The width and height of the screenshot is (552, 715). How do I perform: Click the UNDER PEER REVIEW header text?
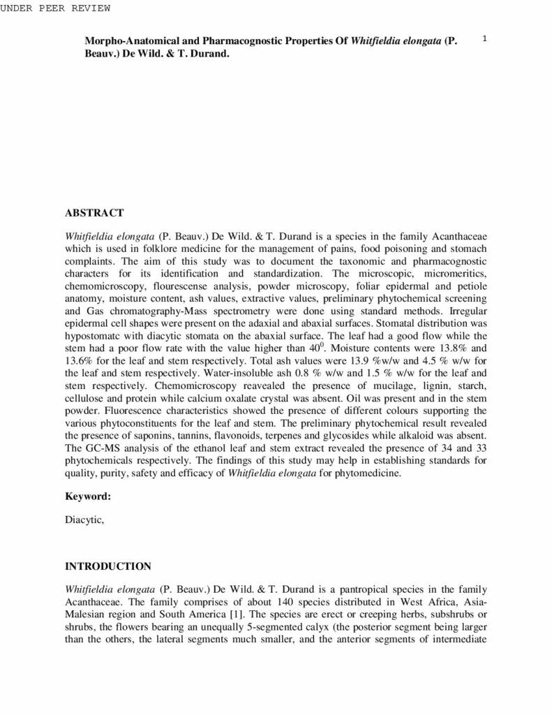point(56,8)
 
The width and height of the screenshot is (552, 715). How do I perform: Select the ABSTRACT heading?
point(94,212)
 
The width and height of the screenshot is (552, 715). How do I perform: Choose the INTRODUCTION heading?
point(107,566)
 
